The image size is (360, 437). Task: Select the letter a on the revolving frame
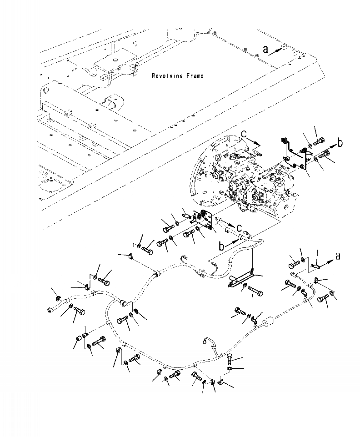coord(265,49)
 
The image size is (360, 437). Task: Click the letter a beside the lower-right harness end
coord(338,256)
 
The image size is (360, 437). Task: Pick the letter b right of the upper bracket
coord(340,142)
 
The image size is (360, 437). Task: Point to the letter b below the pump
coord(221,246)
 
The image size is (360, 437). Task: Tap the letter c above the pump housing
coord(244,134)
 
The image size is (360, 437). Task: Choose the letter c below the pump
coord(239,229)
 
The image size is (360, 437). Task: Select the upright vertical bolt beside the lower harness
coord(230,360)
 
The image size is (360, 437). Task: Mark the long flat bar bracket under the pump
coord(241,278)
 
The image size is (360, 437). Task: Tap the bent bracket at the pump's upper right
coord(296,153)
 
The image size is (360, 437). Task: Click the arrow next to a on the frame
coord(276,51)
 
